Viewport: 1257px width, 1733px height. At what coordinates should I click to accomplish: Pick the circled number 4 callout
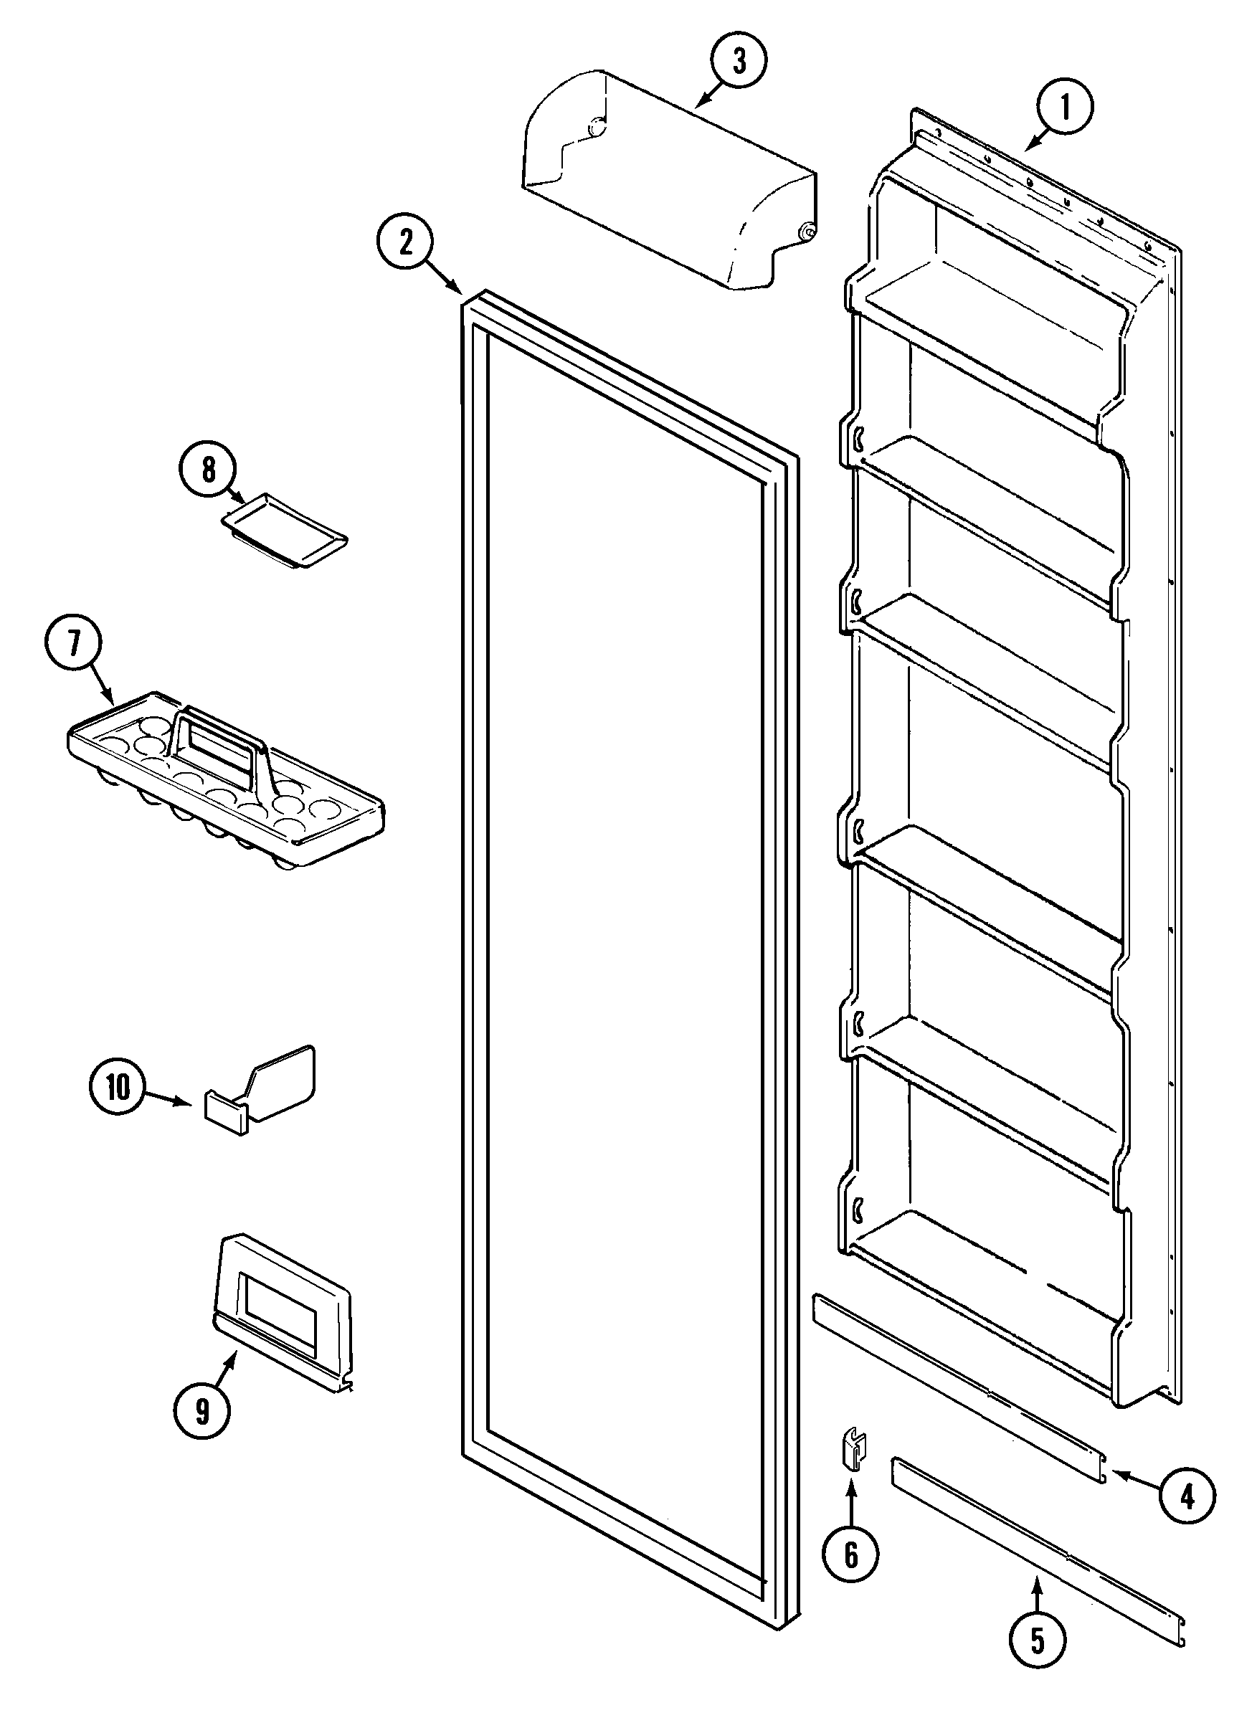point(1186,1499)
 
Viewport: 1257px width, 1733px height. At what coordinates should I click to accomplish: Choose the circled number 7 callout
point(73,643)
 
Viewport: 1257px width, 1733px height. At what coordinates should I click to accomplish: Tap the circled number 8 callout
point(209,469)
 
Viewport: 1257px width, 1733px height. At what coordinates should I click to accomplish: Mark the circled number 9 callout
point(201,1411)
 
